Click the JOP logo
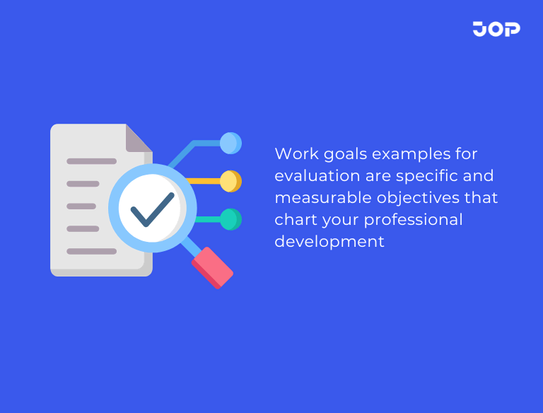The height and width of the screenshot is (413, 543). coord(496,29)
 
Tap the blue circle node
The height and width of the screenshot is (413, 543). coord(230,144)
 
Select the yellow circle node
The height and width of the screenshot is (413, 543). coord(230,181)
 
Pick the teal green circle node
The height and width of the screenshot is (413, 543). coord(230,219)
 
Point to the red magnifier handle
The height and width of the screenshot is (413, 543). coord(212,267)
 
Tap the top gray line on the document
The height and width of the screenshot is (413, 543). coord(91,161)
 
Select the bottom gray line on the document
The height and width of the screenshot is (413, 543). coord(91,251)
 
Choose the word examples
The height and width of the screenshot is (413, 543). coord(411,154)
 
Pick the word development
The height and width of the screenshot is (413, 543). coord(329,242)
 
